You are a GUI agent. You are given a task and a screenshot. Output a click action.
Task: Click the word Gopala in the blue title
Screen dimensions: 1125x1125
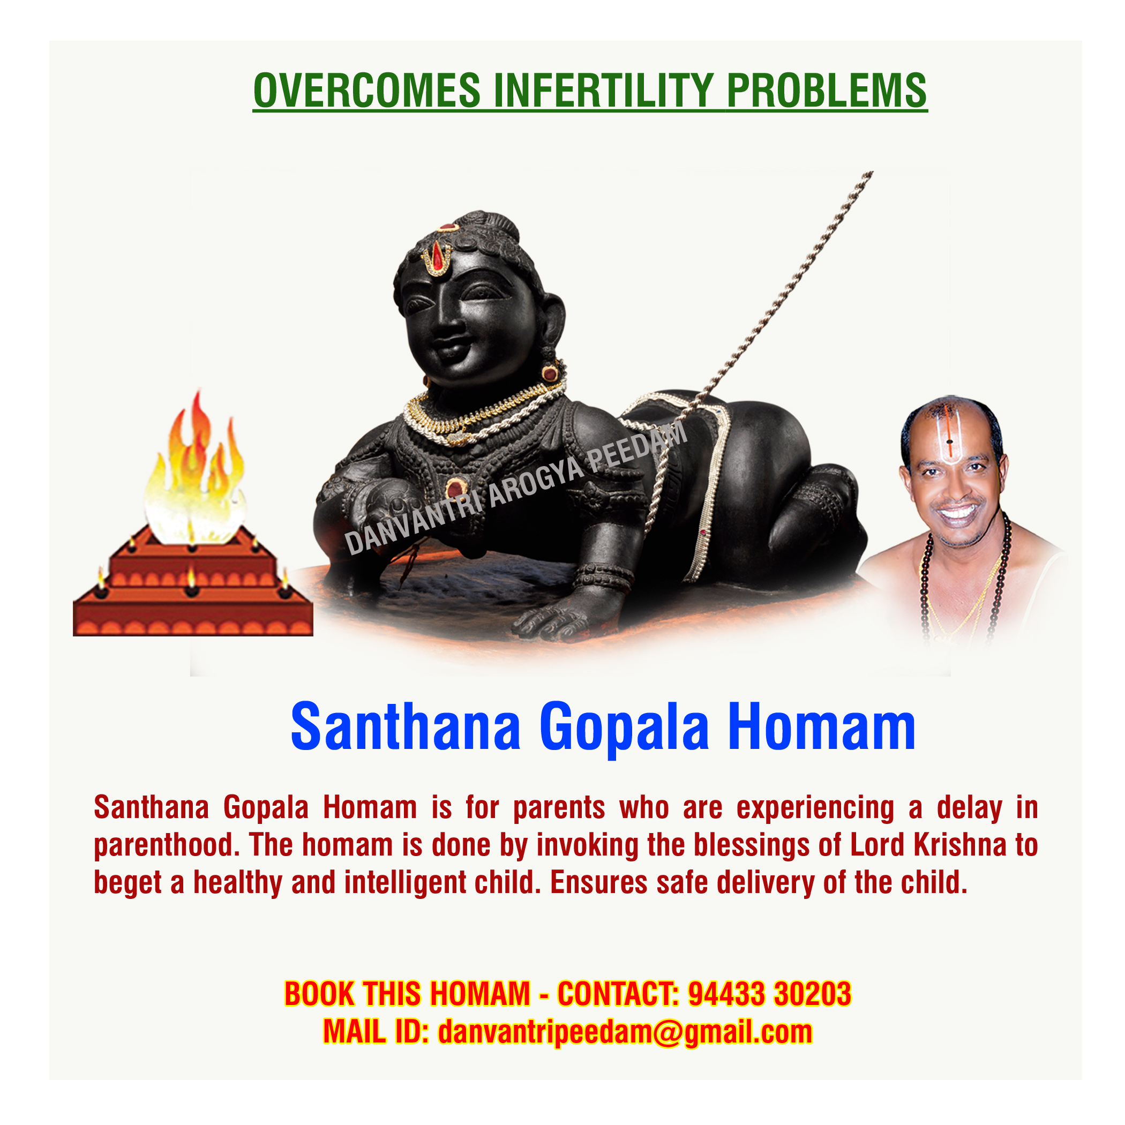[x=624, y=729]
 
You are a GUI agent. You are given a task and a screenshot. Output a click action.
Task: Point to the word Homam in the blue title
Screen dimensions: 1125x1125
[x=822, y=727]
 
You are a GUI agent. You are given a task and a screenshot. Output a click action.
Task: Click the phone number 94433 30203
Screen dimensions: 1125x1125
[x=769, y=994]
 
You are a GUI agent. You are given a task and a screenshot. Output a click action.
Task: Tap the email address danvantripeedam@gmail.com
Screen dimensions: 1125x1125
[x=625, y=1032]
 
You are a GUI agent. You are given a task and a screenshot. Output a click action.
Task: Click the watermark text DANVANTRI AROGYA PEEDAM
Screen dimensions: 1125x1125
[x=516, y=488]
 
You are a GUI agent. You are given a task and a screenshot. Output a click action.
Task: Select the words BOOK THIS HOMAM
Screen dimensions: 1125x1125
[x=407, y=994]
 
